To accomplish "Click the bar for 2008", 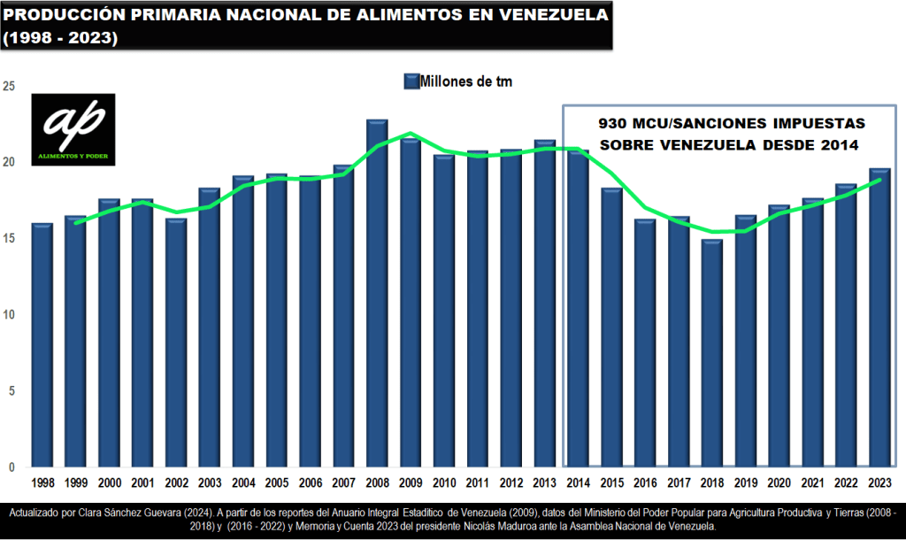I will point(377,293).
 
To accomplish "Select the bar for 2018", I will point(712,353).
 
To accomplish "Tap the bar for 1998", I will point(42,345).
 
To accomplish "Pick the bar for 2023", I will point(879,318).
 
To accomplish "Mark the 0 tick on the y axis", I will point(12,467).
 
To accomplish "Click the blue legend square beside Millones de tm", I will point(411,81).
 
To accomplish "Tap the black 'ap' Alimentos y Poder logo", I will point(73,129).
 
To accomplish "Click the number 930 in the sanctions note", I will point(612,122).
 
